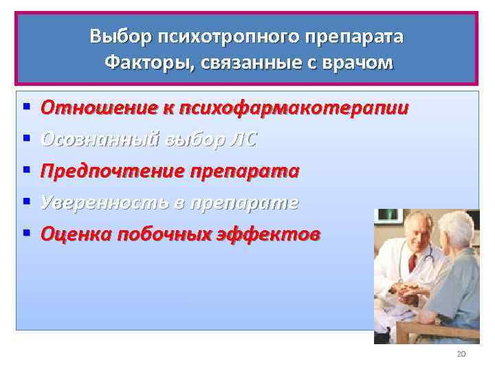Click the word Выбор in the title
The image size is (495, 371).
tap(113, 36)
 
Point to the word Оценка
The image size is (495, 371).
tap(76, 234)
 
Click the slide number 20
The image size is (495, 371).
tap(461, 354)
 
